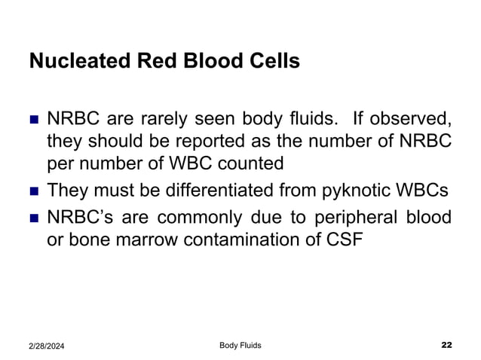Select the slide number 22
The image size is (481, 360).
[446, 345]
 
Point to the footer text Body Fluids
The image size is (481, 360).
[240, 345]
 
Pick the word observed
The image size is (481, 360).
[410, 121]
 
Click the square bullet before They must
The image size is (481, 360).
[33, 190]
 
